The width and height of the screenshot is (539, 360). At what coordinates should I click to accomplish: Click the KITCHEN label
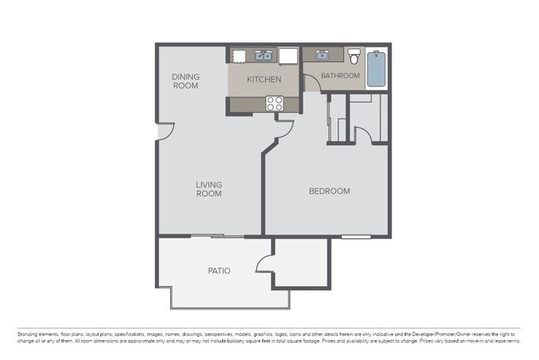coord(265,80)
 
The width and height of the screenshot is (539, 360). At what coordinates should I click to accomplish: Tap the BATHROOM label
coord(340,75)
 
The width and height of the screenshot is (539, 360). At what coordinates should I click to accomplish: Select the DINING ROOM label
coord(186,81)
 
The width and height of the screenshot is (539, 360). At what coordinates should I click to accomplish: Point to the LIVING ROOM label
coord(209,189)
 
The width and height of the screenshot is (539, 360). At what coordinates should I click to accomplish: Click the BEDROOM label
coord(329,191)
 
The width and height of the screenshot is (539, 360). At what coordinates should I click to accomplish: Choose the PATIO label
coord(219,271)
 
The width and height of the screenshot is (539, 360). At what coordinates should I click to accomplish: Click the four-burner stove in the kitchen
coord(274,104)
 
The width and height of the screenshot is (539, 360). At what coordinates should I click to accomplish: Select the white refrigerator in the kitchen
coord(288,56)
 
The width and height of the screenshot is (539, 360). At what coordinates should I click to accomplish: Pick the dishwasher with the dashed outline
coord(239,56)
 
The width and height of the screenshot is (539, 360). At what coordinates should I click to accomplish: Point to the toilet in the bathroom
coord(354,56)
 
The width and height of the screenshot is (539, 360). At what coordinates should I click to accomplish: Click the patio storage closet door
coord(266,264)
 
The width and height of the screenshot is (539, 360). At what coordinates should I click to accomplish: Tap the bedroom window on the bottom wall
coord(357,237)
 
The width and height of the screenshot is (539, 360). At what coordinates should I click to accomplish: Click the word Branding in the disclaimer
coord(27,333)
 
